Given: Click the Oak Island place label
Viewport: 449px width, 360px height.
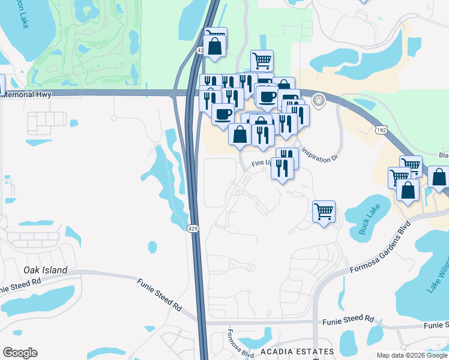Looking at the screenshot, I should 46,270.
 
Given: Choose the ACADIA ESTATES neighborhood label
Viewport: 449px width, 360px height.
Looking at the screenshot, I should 297,352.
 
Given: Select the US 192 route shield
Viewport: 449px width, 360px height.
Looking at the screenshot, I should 381,130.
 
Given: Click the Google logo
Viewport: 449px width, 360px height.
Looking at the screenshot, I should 20,353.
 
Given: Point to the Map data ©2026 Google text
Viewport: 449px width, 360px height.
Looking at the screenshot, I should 412,355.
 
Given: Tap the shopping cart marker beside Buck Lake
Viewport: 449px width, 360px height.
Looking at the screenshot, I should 324,211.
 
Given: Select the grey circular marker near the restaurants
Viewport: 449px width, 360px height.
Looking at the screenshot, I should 318,100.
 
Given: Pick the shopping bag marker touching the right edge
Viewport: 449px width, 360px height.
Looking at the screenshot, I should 439,178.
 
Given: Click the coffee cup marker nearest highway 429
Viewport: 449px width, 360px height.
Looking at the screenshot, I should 223,113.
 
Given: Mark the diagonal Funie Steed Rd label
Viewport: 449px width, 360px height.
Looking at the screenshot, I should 159,293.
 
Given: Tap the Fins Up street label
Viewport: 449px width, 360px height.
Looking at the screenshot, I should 261,162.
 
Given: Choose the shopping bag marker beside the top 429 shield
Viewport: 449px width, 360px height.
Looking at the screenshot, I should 215,46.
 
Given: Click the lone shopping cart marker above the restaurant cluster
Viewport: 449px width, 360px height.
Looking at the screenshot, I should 262,60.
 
